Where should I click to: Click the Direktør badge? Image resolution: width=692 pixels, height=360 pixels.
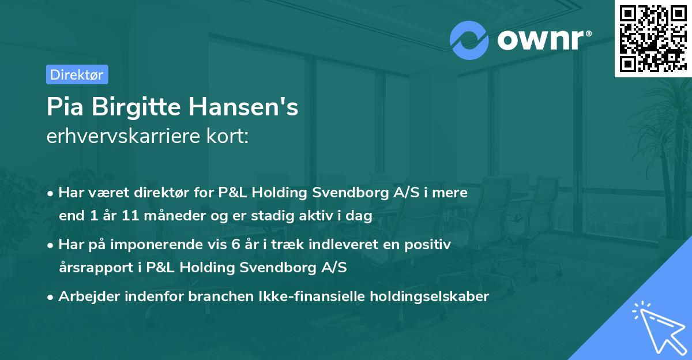(77, 74)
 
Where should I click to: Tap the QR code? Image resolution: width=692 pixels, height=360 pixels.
(652, 38)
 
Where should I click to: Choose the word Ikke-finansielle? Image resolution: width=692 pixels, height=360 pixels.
(295, 297)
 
